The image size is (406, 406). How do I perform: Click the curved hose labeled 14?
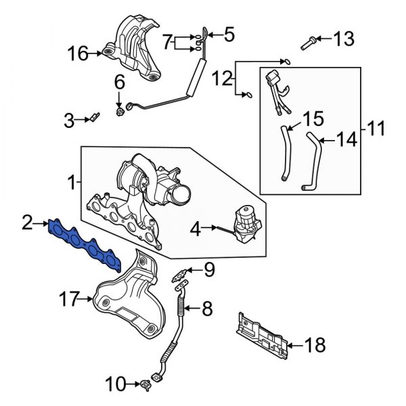click(x=313, y=162)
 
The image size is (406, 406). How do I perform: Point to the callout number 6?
click(x=119, y=82)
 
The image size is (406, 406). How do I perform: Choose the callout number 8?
click(x=207, y=310)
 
